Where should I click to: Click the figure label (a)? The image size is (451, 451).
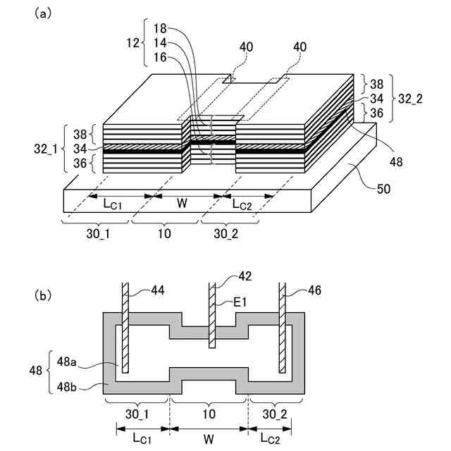click(x=42, y=13)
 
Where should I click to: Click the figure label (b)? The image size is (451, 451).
click(x=42, y=297)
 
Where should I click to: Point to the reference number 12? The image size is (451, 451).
click(x=132, y=44)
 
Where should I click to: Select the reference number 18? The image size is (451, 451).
click(x=159, y=30)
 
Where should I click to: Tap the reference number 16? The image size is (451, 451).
click(x=159, y=57)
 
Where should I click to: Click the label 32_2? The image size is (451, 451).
click(x=409, y=99)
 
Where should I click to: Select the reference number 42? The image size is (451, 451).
click(x=245, y=276)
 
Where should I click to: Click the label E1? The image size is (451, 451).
click(x=243, y=303)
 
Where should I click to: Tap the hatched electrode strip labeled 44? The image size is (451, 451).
click(x=125, y=328)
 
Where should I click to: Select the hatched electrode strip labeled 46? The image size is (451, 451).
click(x=283, y=328)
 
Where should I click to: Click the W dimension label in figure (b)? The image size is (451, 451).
click(x=209, y=438)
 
